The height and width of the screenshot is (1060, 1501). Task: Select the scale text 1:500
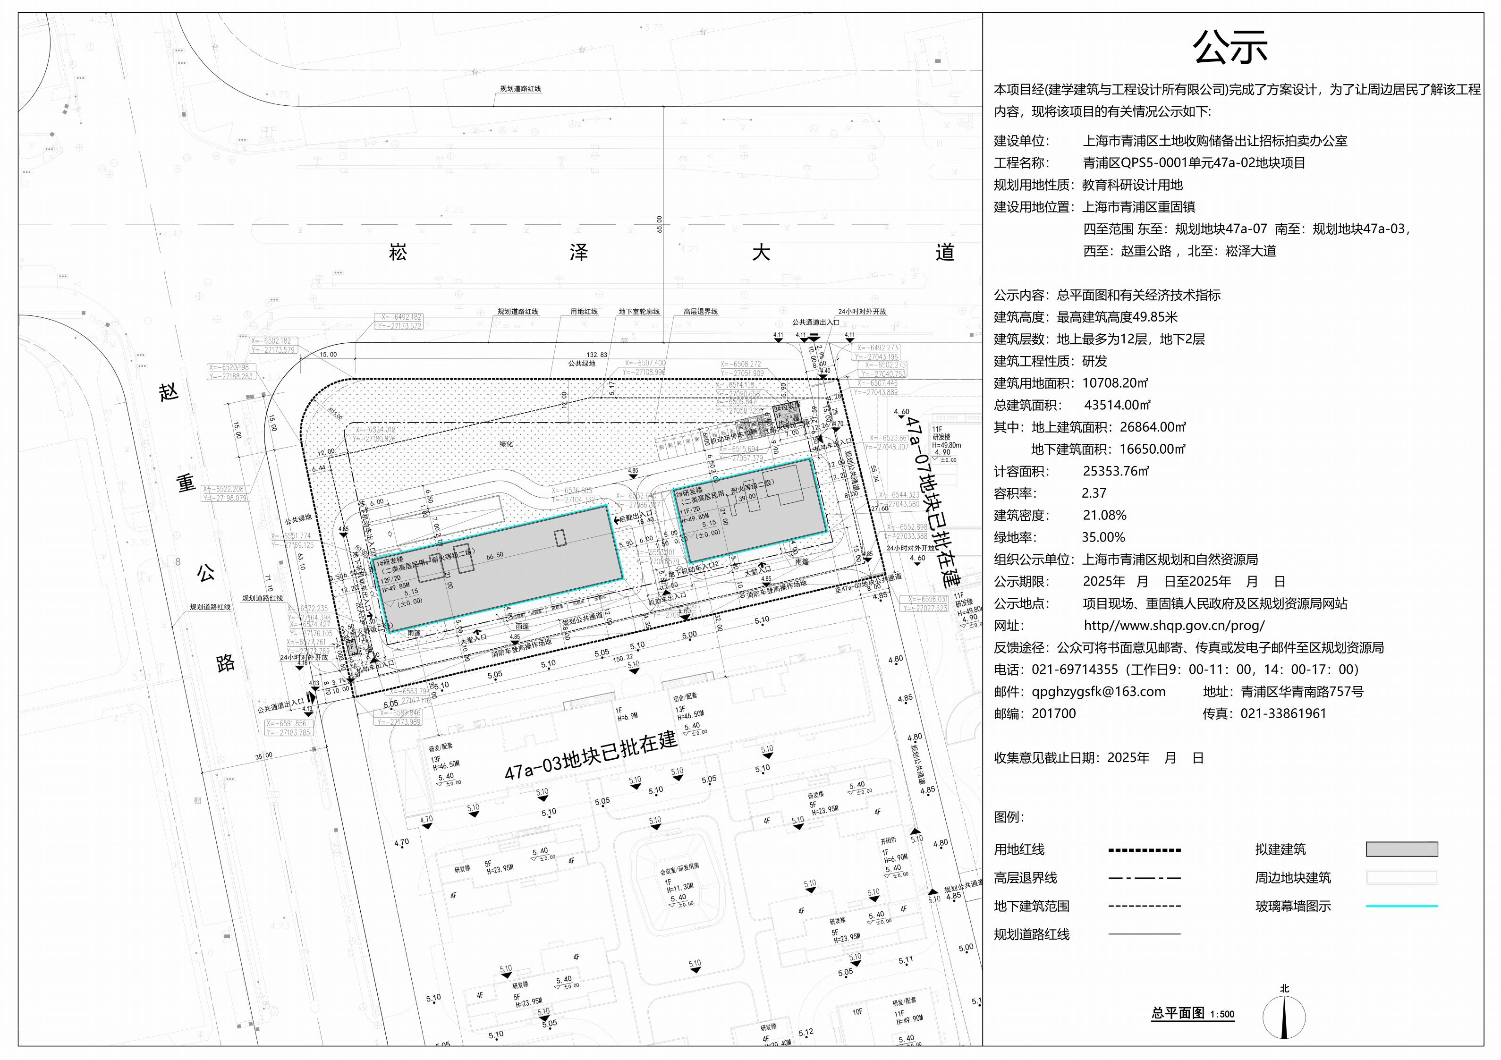(x=1222, y=1014)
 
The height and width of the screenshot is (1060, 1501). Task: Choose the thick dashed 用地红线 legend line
(x=1144, y=850)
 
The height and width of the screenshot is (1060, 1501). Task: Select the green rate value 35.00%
(x=1103, y=537)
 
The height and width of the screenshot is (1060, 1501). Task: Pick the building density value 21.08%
(x=1104, y=515)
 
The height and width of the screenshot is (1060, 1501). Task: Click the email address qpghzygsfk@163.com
(x=1098, y=692)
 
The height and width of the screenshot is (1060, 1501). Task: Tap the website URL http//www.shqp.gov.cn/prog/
(x=1174, y=626)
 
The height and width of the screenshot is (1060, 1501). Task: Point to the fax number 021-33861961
(x=1283, y=713)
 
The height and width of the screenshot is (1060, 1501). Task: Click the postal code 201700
(x=1053, y=713)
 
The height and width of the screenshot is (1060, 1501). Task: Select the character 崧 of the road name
(x=398, y=253)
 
